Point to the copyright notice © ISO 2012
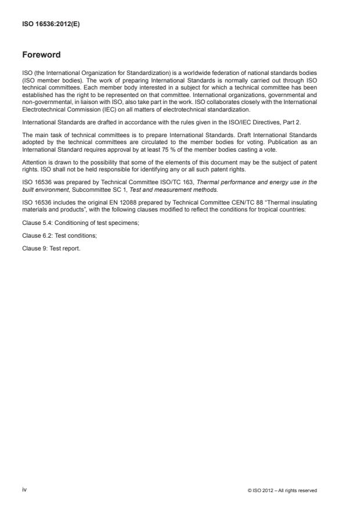coord(281,490)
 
